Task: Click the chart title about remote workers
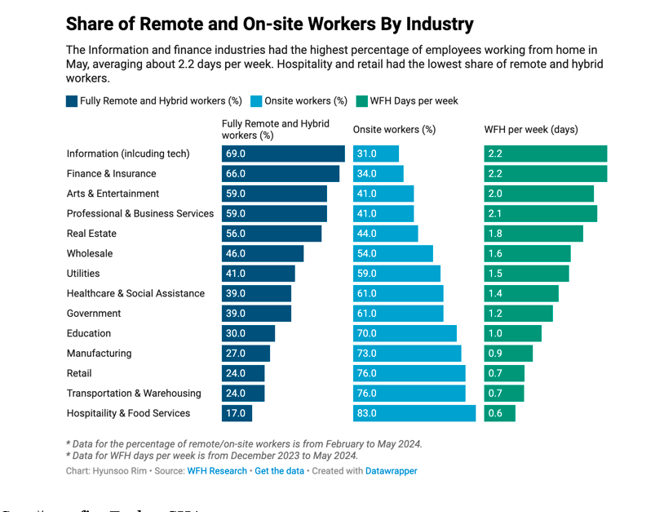pos(269,24)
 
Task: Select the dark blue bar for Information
pos(283,154)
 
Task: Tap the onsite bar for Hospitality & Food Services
pos(414,413)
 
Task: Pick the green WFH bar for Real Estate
pos(533,234)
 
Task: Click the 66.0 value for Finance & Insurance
pos(236,174)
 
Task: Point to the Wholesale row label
pos(90,254)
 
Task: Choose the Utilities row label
pos(83,274)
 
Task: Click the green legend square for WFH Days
pos(362,101)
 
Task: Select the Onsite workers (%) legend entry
pos(304,101)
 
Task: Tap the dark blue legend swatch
pos(72,101)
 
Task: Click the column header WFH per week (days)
pos(531,130)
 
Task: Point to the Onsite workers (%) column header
pos(394,130)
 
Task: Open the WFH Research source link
pos(217,471)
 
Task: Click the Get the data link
pos(279,471)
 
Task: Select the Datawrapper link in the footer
pos(391,471)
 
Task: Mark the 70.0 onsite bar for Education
pos(405,333)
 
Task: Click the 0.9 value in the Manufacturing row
pos(495,354)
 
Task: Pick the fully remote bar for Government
pos(256,314)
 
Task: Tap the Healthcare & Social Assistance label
pos(135,294)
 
